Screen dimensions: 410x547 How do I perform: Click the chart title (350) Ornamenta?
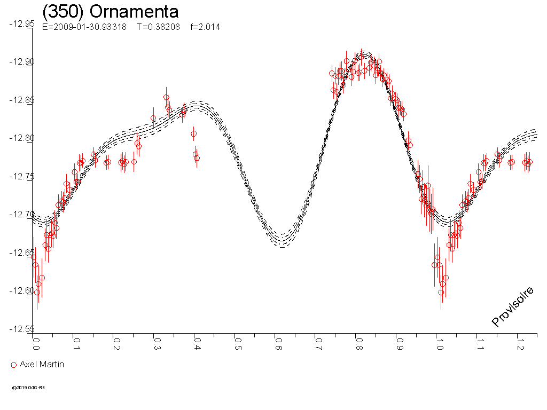[x=110, y=12]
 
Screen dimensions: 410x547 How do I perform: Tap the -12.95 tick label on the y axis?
[x=21, y=24]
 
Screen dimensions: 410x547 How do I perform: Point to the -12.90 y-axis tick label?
[x=21, y=62]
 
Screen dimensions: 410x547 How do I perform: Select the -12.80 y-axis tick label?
[x=21, y=138]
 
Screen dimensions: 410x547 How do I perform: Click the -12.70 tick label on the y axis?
[x=21, y=215]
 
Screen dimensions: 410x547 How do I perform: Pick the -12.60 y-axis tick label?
[x=21, y=291]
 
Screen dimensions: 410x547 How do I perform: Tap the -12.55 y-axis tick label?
[x=21, y=329]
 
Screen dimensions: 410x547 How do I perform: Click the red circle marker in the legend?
[x=14, y=365]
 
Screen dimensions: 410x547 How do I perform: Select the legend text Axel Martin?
[x=42, y=365]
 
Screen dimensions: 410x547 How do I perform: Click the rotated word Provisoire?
[x=513, y=306]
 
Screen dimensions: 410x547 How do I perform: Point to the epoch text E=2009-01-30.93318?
[x=84, y=27]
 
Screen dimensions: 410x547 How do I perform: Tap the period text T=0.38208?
[x=158, y=27]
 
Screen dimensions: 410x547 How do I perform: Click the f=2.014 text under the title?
[x=205, y=27]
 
